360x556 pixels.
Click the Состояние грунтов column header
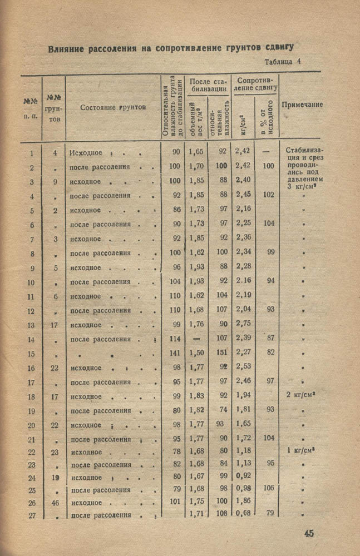coord(112,106)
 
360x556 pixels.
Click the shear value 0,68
coord(244,515)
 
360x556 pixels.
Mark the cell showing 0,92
coord(244,476)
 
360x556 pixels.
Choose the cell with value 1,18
coord(244,451)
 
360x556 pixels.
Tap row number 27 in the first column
coord(32,515)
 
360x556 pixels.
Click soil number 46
coord(55,503)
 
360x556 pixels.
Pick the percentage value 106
coord(269,489)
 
